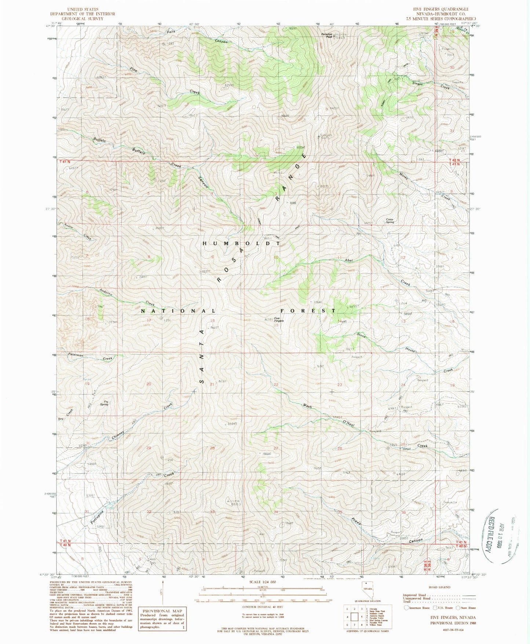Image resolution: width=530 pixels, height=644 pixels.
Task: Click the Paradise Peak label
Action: coord(327,36)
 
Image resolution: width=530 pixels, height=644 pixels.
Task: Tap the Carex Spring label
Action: coord(390,221)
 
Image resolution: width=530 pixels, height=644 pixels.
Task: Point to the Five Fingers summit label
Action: coord(279,320)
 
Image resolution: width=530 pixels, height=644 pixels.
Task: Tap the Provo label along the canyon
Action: coord(355,522)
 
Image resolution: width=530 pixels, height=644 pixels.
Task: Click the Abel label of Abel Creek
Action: coord(348,260)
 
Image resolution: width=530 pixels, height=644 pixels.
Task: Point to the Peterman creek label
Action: coord(76,355)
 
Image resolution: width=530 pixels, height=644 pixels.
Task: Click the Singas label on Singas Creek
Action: coord(417,83)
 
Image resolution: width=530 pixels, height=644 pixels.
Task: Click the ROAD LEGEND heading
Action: coord(437,587)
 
